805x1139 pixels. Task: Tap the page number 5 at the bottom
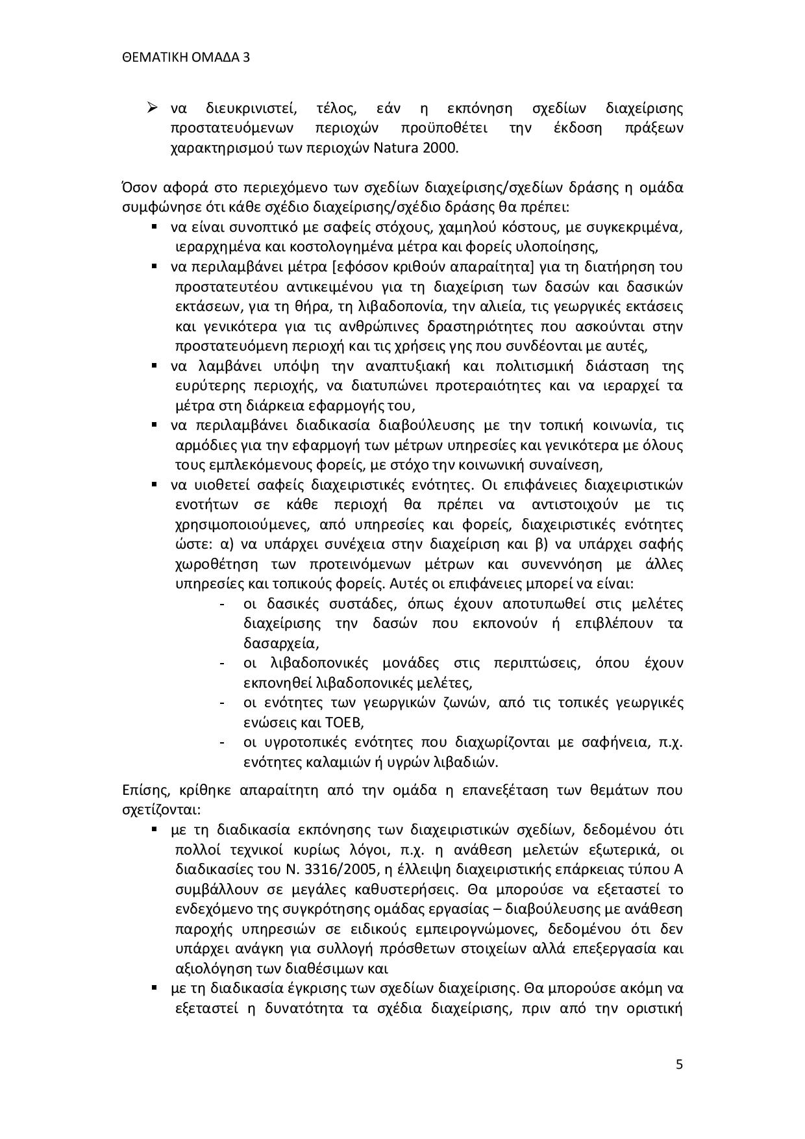(x=679, y=1064)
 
